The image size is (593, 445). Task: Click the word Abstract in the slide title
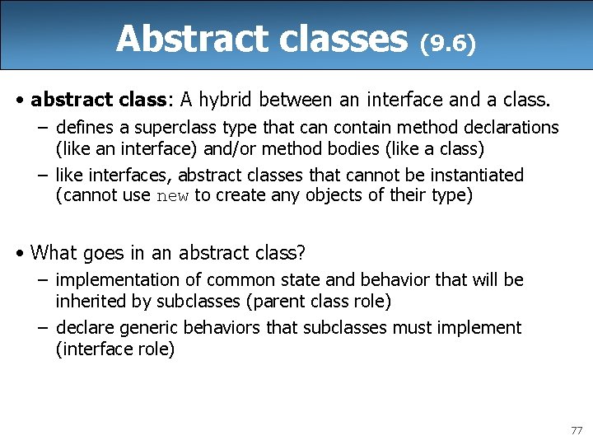pyautogui.click(x=179, y=39)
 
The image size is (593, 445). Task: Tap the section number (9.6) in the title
pyautogui.click(x=448, y=43)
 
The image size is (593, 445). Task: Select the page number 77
pyautogui.click(x=576, y=430)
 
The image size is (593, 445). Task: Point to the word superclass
pyautogui.click(x=161, y=127)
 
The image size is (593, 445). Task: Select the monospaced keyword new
pyautogui.click(x=171, y=196)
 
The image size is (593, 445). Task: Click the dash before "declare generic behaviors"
pyautogui.click(x=41, y=328)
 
